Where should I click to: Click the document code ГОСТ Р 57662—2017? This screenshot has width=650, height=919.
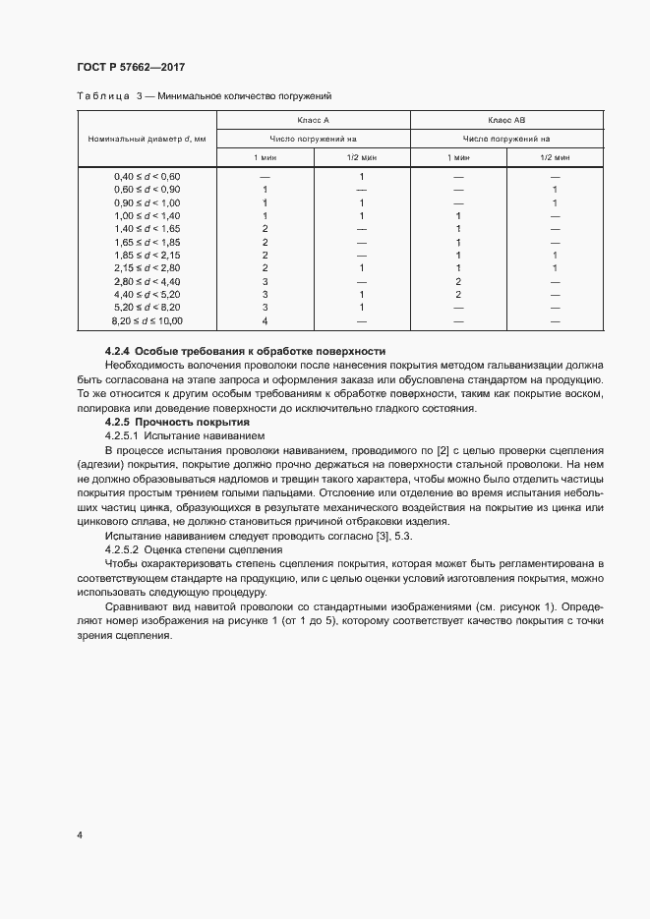click(130, 68)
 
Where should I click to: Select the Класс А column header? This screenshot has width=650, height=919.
click(312, 120)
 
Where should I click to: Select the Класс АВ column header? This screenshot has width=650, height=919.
click(505, 120)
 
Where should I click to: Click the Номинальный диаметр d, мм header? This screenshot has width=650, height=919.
click(147, 139)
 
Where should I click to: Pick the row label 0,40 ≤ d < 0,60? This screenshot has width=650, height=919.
click(148, 176)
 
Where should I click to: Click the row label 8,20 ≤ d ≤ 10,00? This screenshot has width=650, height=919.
click(148, 321)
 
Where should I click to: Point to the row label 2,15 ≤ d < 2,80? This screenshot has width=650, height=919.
click(148, 268)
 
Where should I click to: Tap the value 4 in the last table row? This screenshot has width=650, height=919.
click(266, 321)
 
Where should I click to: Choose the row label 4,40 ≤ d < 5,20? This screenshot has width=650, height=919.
click(148, 295)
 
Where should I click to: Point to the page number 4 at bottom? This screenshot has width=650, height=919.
click(79, 835)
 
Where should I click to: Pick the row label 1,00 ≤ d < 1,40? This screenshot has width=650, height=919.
click(148, 215)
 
